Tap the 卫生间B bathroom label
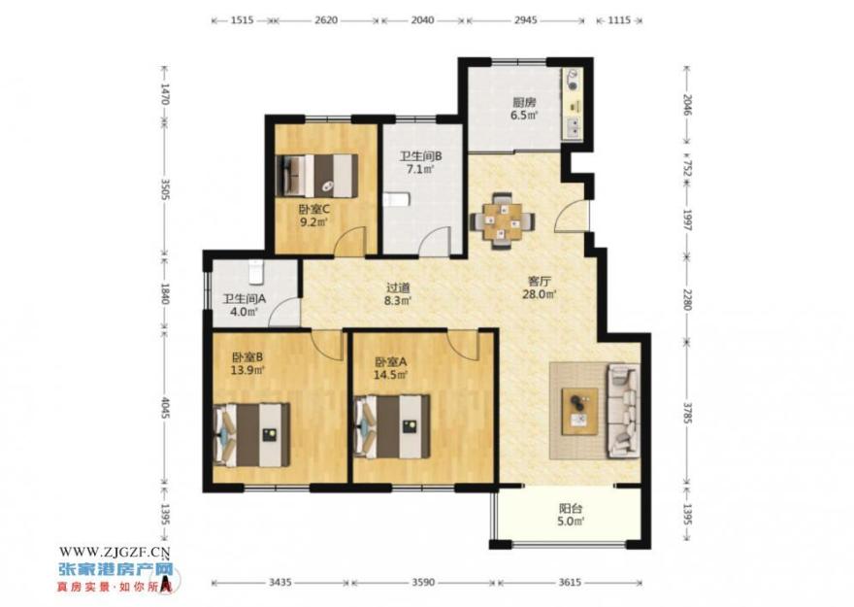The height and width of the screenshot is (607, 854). [420, 156]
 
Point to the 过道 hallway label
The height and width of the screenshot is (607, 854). [398, 287]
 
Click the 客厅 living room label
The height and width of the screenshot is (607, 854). [540, 281]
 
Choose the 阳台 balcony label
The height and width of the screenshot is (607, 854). [571, 508]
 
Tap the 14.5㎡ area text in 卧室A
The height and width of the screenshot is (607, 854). [390, 375]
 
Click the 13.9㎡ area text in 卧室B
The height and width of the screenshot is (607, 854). [247, 371]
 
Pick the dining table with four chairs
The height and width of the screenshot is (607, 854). [502, 220]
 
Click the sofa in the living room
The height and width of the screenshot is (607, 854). [623, 411]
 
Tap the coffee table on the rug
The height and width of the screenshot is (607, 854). [579, 411]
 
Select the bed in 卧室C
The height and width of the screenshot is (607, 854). [317, 176]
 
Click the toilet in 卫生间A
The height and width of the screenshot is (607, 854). [256, 271]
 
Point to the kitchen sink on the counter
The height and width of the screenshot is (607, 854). [573, 127]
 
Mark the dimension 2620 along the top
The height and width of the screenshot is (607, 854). [326, 20]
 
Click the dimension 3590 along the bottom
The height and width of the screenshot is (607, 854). [423, 583]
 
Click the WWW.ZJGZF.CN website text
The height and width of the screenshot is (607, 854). [115, 552]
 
